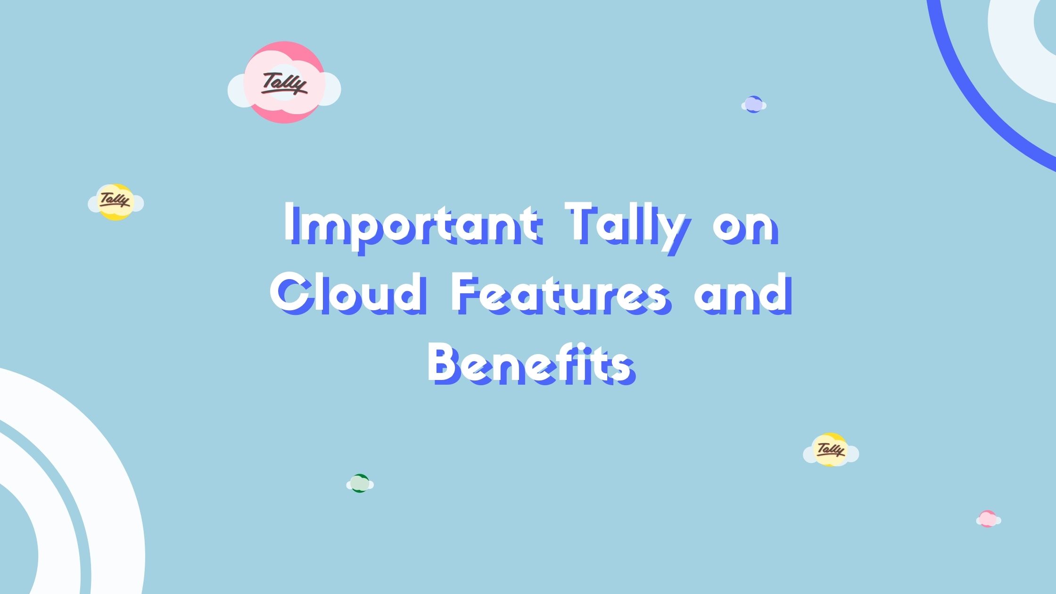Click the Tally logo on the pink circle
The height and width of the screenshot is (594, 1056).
[284, 84]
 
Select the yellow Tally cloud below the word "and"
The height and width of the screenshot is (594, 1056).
[831, 450]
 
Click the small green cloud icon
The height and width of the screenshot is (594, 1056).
[360, 484]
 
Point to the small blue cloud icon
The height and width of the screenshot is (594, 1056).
[753, 105]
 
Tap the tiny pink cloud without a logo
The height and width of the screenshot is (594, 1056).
[987, 519]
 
